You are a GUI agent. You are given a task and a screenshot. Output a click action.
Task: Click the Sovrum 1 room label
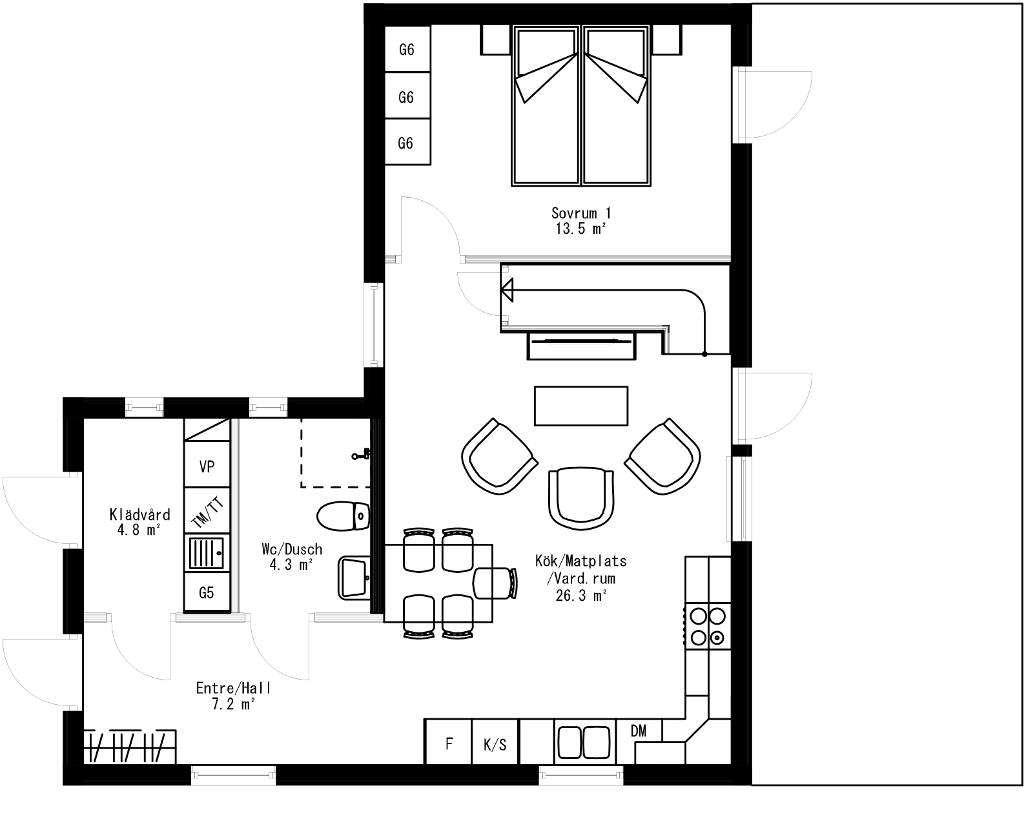click(581, 213)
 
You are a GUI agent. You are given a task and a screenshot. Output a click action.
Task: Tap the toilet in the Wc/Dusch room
click(343, 516)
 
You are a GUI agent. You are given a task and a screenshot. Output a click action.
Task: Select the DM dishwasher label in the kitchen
click(639, 731)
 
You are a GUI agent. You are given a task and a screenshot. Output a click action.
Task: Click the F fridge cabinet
click(449, 743)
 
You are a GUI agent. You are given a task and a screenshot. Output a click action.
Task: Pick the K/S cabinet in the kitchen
click(495, 744)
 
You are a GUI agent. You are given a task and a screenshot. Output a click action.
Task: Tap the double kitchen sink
click(582, 741)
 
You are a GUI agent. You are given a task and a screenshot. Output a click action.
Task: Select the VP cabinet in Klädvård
click(207, 466)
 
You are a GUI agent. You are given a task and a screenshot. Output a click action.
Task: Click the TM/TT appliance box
click(207, 512)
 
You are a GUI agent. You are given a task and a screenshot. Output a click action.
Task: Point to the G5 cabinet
click(207, 592)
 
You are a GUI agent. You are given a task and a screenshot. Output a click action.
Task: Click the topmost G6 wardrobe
click(407, 50)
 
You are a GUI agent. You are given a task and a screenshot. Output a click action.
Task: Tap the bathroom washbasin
click(353, 578)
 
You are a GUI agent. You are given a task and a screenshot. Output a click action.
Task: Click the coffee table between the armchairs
click(581, 406)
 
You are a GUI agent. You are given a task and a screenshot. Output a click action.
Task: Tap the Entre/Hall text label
click(234, 688)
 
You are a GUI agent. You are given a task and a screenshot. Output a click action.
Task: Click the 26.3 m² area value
click(581, 596)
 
